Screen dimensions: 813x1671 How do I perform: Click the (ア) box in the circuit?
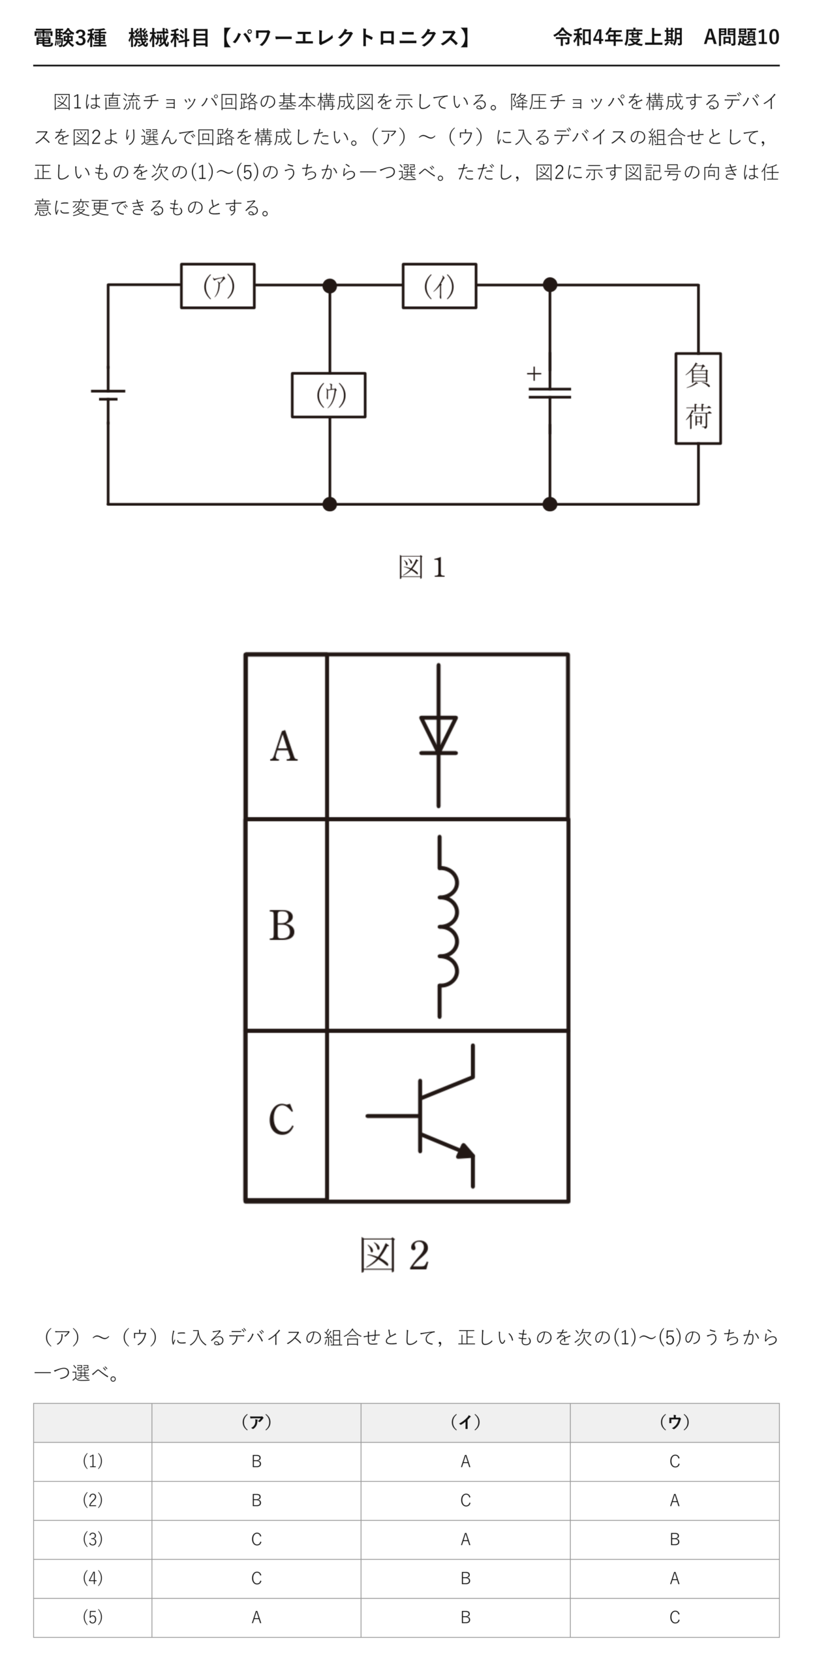tap(217, 285)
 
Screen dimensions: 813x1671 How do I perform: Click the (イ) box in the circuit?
tap(439, 285)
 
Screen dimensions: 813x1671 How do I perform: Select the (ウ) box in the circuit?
tap(328, 395)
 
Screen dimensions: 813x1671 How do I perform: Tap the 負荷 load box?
tap(698, 398)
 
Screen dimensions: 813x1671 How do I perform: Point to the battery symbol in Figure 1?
tap(108, 394)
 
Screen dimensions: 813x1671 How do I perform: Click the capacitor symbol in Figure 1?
tap(549, 393)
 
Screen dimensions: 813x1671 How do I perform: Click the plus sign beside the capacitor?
tap(534, 373)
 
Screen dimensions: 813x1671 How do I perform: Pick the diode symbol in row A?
tap(438, 736)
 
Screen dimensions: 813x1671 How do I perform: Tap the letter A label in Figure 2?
tap(284, 745)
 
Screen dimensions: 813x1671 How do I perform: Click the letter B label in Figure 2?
tap(282, 925)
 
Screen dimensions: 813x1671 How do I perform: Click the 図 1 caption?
tap(422, 567)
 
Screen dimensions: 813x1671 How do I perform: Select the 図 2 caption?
tap(395, 1255)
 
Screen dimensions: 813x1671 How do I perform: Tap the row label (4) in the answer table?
tap(93, 1578)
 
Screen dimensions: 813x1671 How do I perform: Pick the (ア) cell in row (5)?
tap(256, 1617)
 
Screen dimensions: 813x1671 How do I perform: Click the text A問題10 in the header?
tap(741, 37)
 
